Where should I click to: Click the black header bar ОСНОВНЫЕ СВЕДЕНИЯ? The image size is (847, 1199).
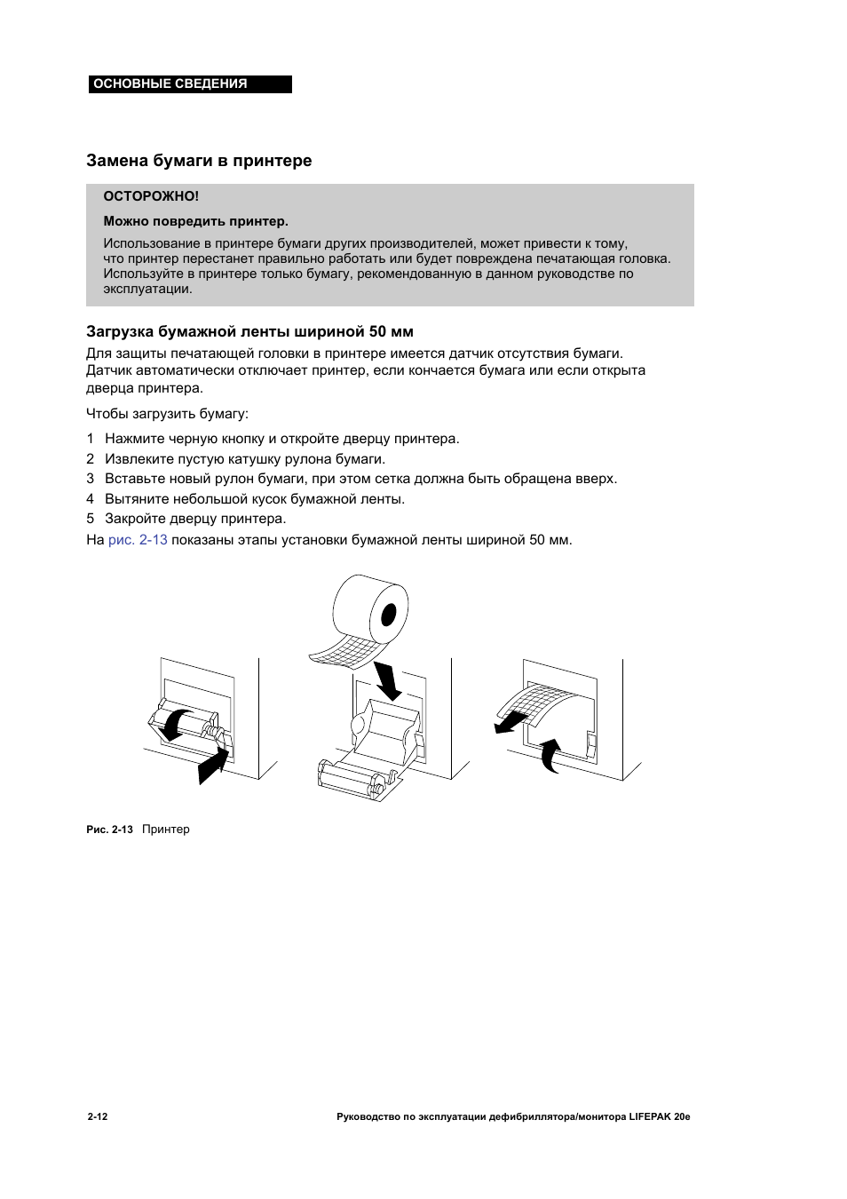189,84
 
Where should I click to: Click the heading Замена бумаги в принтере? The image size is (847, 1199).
199,161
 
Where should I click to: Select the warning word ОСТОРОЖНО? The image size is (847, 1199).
151,196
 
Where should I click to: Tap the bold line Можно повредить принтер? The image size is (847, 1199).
195,221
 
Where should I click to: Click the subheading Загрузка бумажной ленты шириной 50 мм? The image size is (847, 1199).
249,331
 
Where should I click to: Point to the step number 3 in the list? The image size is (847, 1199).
90,479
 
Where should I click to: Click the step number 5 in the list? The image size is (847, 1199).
90,519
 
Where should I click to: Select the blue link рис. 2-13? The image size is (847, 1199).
138,540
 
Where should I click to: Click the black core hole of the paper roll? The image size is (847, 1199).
388,615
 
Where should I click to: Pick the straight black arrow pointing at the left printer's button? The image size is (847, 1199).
213,765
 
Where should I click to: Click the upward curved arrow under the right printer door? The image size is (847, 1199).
551,755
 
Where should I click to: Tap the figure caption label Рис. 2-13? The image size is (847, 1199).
109,830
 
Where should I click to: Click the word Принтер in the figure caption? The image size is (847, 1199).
166,830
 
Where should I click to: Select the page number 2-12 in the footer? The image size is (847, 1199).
98,1116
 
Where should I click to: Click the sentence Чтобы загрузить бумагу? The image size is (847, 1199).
167,414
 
